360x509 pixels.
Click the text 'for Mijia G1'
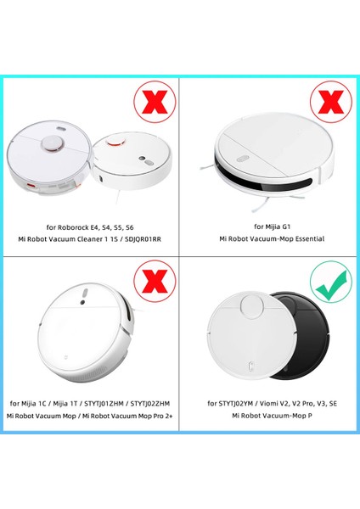(x=270, y=227)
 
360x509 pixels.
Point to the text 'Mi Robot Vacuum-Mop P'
(x=270, y=417)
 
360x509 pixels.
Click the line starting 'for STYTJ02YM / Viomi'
(x=270, y=403)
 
